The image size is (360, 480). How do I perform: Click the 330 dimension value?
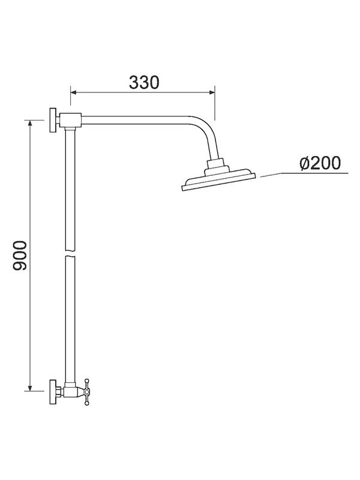[144, 82]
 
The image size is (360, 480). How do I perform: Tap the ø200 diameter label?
[320, 163]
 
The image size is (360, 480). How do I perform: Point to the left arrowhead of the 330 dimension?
[74, 92]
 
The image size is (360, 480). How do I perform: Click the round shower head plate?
[218, 181]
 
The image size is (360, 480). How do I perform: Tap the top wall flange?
[53, 121]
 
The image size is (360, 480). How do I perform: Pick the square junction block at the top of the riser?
[71, 121]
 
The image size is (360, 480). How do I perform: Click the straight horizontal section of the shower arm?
[138, 123]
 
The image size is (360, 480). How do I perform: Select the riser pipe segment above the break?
[68, 186]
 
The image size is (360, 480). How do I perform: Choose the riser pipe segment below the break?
[68, 318]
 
